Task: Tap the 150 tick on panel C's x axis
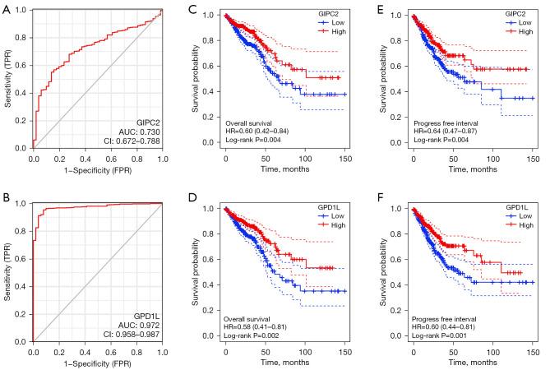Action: [344, 158]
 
